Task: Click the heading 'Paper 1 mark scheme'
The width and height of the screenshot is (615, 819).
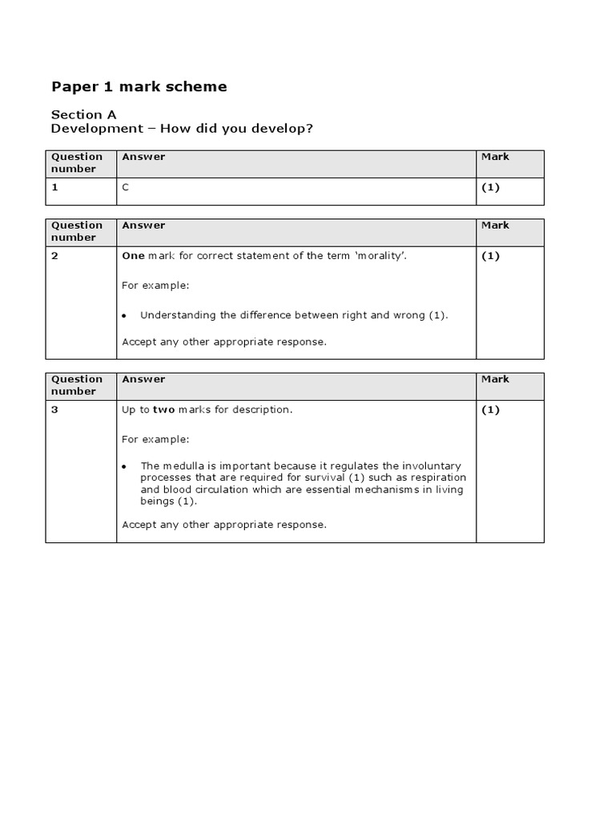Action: pos(139,86)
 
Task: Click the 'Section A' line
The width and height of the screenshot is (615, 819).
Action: pos(83,114)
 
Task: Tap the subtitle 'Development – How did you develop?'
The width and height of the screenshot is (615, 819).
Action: pos(182,129)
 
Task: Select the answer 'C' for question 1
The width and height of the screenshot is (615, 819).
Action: pos(125,187)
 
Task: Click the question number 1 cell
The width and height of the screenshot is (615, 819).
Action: pos(55,187)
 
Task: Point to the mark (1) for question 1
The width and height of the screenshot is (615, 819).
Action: pos(490,187)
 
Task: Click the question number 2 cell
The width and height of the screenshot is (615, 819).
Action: pos(55,256)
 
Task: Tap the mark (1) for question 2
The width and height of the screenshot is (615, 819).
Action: pos(490,256)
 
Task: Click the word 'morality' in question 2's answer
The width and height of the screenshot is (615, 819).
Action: pos(375,256)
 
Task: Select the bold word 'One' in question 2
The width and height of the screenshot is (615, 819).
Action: pos(132,256)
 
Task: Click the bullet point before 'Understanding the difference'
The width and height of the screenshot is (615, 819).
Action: pos(125,316)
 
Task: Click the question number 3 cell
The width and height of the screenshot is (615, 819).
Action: pos(55,409)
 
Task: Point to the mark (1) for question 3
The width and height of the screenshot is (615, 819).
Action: pos(490,409)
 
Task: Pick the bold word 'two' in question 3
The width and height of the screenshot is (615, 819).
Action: pos(163,409)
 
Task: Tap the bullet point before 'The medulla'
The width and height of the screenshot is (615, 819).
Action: pos(125,466)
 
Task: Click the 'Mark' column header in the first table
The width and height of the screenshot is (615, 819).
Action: pos(495,157)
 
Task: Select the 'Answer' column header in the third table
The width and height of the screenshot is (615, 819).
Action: pos(143,379)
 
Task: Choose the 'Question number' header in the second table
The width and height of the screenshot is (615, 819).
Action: pos(77,231)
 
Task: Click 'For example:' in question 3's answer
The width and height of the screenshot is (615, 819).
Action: pos(155,439)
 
